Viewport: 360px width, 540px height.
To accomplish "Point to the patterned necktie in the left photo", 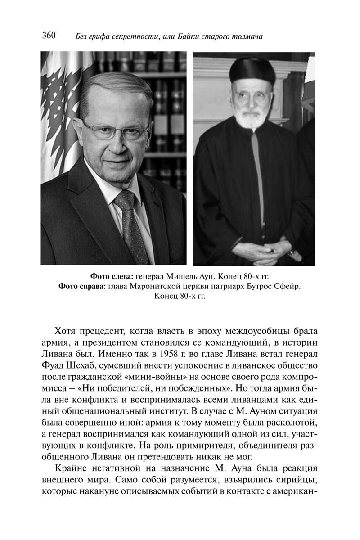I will tap(131, 225).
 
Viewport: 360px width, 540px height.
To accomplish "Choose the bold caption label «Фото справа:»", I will tap(81, 287).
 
